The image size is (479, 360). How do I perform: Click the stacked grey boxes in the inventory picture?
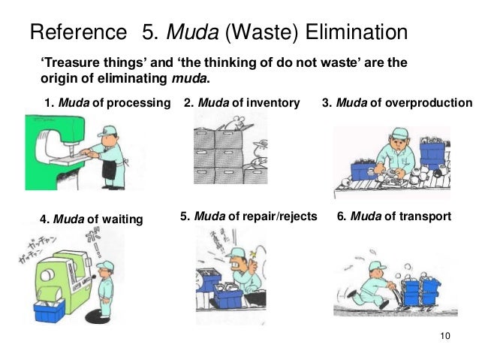click(218, 154)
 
